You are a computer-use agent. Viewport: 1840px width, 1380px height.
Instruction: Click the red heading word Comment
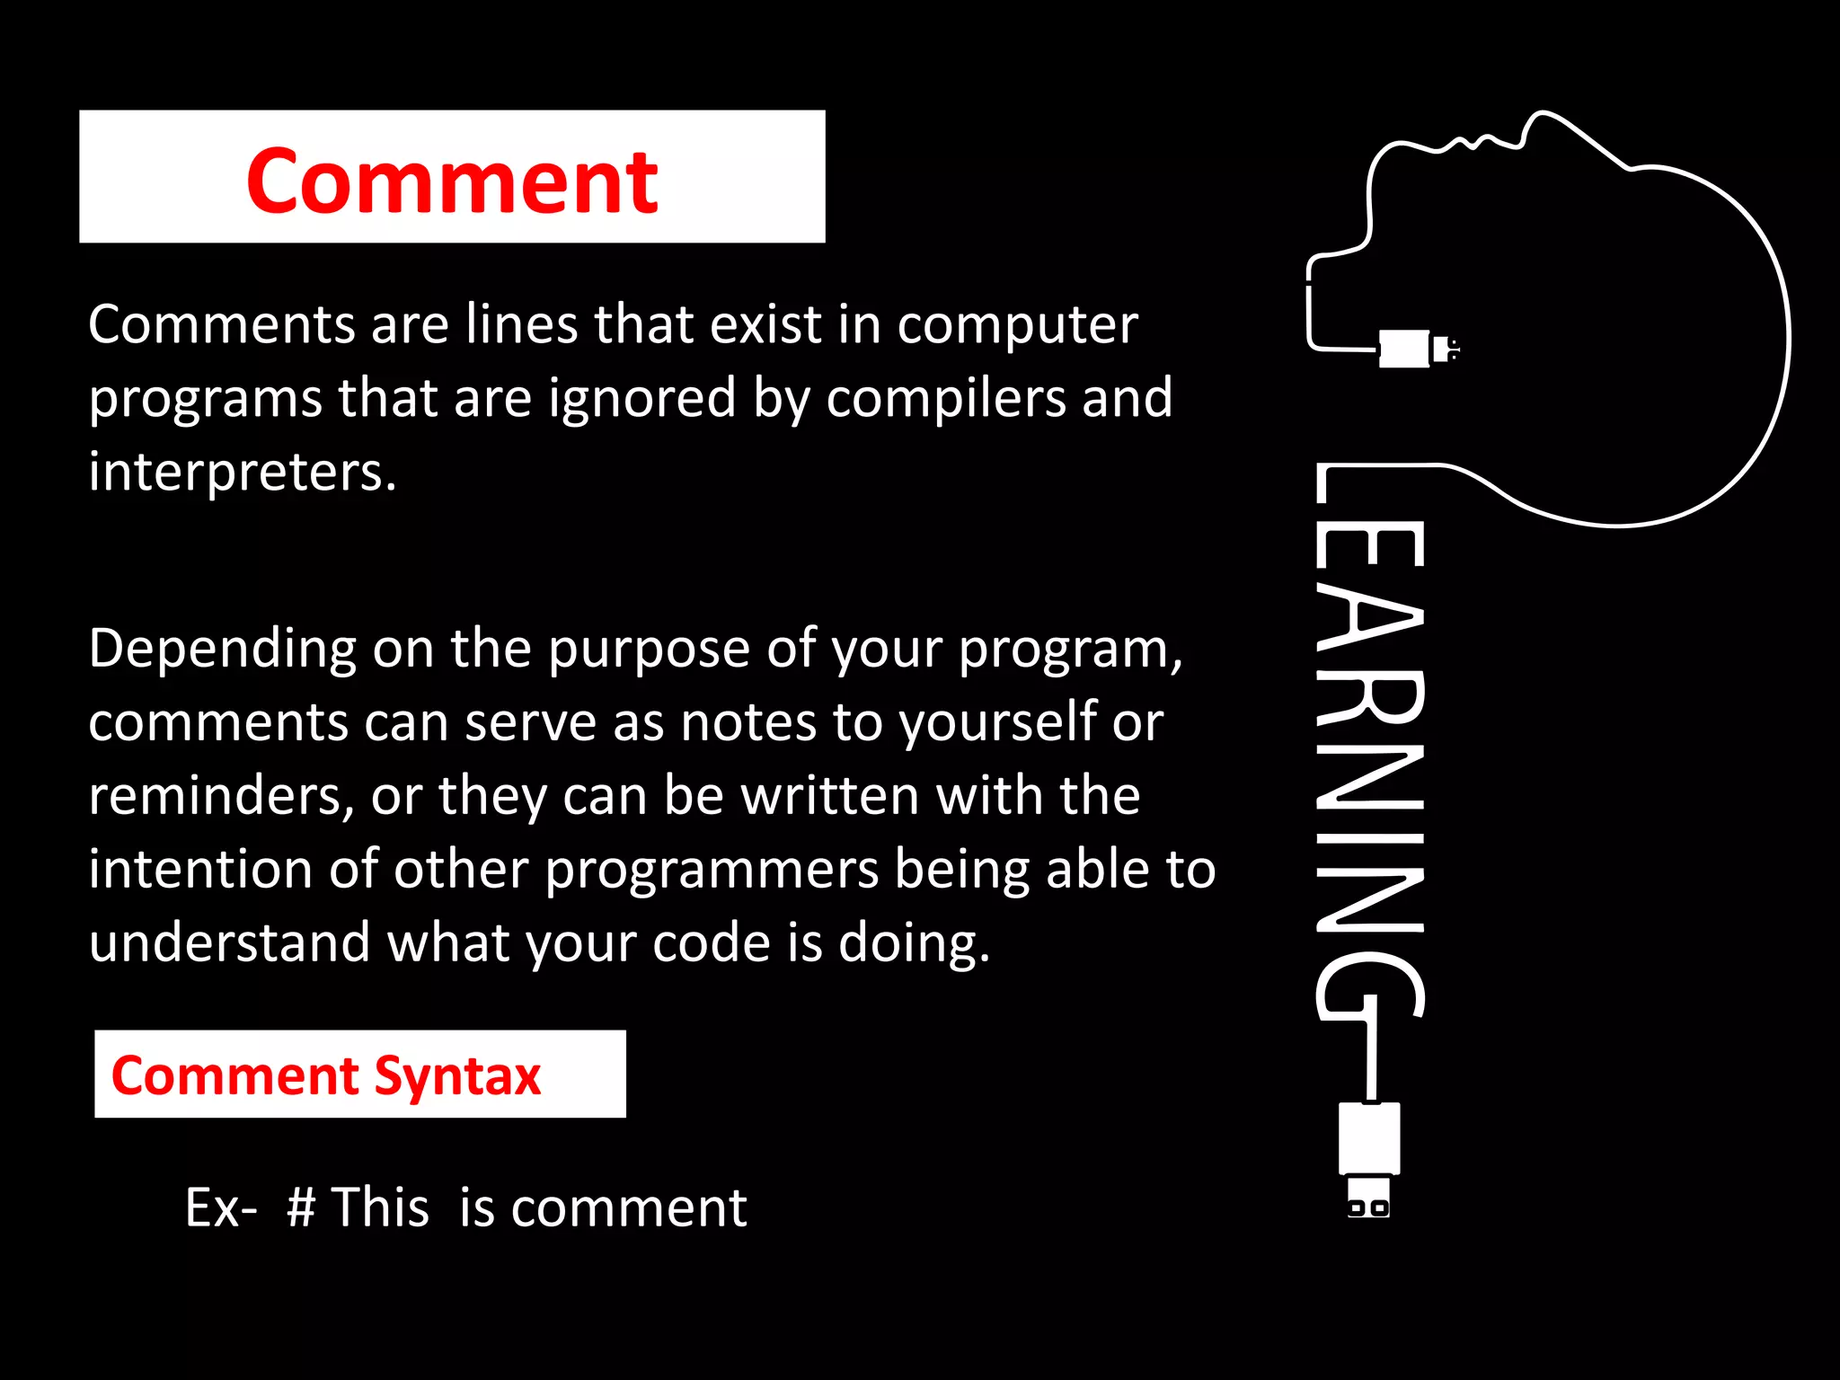pos(452,181)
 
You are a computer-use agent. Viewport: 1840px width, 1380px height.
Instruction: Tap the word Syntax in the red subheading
pos(457,1076)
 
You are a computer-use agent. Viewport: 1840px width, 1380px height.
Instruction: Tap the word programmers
pos(712,870)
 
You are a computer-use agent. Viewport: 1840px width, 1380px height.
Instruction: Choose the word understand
pos(230,943)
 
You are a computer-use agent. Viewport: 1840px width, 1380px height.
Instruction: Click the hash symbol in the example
pos(301,1207)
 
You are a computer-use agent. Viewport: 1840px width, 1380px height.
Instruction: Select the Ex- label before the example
pos(220,1207)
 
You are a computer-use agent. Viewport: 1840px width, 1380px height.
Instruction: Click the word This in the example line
pos(380,1207)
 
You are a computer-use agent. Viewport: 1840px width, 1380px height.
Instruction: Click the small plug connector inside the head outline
pos(1415,349)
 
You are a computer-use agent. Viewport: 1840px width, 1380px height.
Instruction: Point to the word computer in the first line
pos(1017,324)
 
